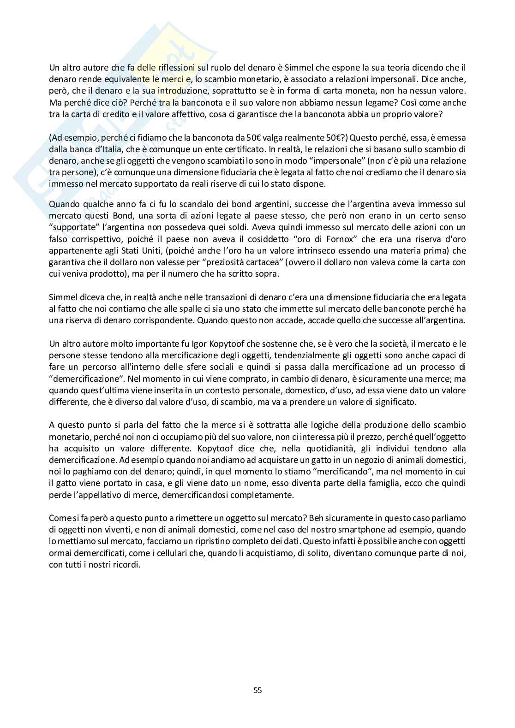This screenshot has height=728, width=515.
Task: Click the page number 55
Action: (257, 690)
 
